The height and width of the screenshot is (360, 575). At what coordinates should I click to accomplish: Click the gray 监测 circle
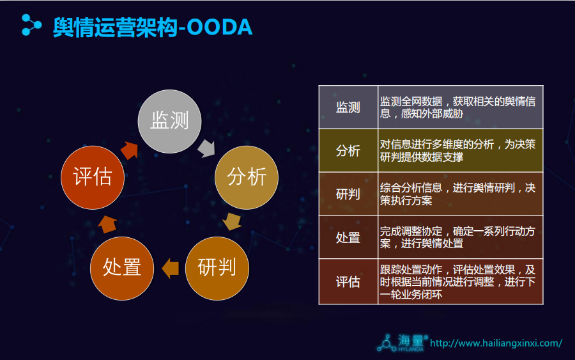tap(169, 121)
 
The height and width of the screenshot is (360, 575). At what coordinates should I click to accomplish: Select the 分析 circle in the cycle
tap(247, 178)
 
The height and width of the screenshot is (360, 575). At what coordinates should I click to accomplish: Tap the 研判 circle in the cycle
tap(217, 269)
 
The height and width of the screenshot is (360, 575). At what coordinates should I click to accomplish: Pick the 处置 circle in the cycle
tap(122, 269)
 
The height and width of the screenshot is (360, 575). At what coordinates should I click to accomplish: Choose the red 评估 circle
tap(93, 178)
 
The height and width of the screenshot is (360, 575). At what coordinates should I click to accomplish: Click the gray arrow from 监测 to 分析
tap(206, 148)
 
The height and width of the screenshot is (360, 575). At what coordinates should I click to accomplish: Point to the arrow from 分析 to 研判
tap(232, 221)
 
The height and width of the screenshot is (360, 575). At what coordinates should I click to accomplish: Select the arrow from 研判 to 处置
tap(170, 269)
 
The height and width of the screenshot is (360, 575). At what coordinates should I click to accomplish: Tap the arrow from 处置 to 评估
tap(107, 224)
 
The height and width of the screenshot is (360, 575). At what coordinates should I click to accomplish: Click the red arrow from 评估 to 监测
tap(130, 150)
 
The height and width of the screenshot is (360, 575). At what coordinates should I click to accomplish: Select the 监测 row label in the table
tap(348, 107)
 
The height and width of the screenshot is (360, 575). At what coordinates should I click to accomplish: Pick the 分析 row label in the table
tap(348, 151)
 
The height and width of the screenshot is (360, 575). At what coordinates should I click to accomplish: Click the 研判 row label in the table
tap(348, 194)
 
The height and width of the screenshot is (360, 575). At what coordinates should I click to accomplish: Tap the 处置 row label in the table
tap(348, 238)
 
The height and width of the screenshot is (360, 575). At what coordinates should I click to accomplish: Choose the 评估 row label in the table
tap(348, 282)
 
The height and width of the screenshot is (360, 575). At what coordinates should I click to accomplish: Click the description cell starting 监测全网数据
tap(460, 107)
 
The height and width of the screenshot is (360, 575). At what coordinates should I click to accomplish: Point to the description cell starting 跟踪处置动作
tap(460, 282)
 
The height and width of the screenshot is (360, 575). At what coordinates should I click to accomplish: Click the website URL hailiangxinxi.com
tap(496, 343)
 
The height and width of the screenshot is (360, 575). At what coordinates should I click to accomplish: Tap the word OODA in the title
tap(219, 27)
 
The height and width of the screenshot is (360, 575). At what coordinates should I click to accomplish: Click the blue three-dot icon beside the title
tap(31, 25)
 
